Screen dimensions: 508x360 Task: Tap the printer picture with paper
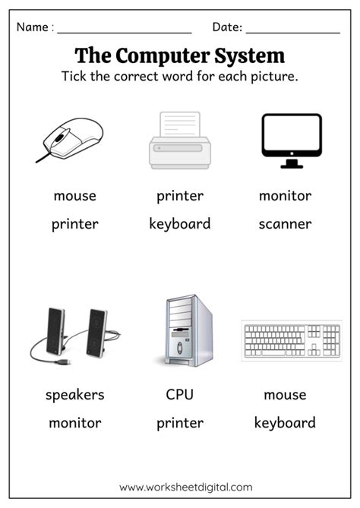tap(180, 140)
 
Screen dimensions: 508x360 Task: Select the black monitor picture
tap(291, 138)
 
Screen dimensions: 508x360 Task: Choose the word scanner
tap(285, 224)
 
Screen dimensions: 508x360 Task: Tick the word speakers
tap(74, 395)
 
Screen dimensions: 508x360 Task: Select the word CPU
tap(180, 395)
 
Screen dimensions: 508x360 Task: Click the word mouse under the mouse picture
tap(74, 196)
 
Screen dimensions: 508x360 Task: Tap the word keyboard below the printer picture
tap(180, 224)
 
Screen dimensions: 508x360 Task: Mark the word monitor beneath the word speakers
tap(74, 423)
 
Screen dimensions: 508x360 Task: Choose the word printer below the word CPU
tap(180, 423)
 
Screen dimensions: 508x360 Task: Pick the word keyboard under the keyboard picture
tap(285, 423)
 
